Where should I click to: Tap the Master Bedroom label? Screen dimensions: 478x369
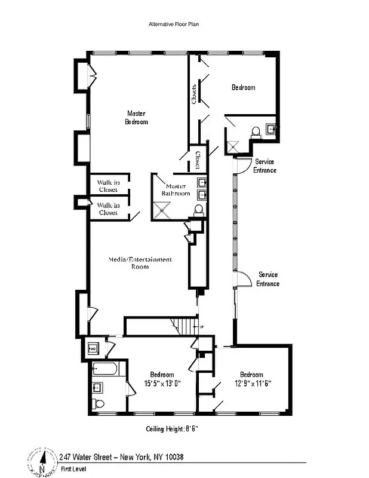[x=136, y=118]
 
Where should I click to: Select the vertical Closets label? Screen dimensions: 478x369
[x=194, y=94]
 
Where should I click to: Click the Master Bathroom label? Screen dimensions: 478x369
[x=177, y=189]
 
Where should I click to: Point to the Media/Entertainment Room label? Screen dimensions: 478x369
[x=140, y=263]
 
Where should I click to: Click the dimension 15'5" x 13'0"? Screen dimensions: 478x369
[x=162, y=383]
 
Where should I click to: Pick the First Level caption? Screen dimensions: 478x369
[x=73, y=469]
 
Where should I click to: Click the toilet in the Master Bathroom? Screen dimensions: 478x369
[x=198, y=209]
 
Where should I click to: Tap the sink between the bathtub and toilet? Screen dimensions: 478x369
[x=99, y=387]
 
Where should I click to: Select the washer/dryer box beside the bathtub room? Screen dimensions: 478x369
[x=94, y=347]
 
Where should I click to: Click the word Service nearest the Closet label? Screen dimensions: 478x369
[x=265, y=162]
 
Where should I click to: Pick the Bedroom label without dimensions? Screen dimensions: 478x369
[x=243, y=87]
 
